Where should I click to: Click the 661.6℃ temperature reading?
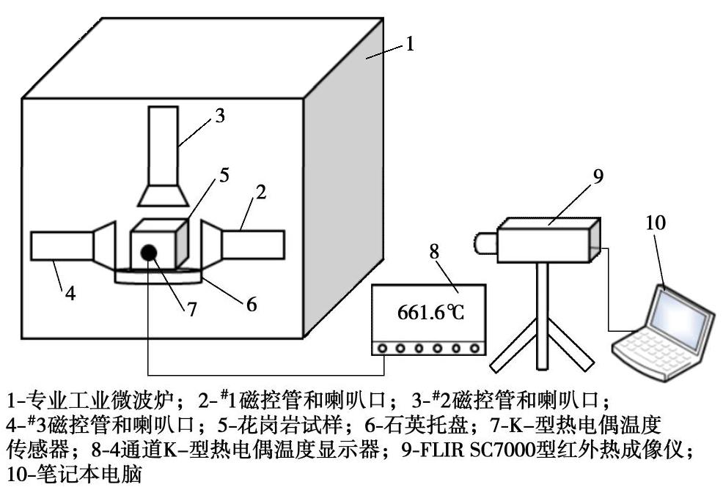431,314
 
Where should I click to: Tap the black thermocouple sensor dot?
149,252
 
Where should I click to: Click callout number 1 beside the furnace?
410,44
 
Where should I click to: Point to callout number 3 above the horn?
220,116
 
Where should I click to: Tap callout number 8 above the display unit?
434,251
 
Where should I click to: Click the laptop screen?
684,313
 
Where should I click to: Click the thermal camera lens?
485,241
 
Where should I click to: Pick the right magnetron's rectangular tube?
252,244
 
